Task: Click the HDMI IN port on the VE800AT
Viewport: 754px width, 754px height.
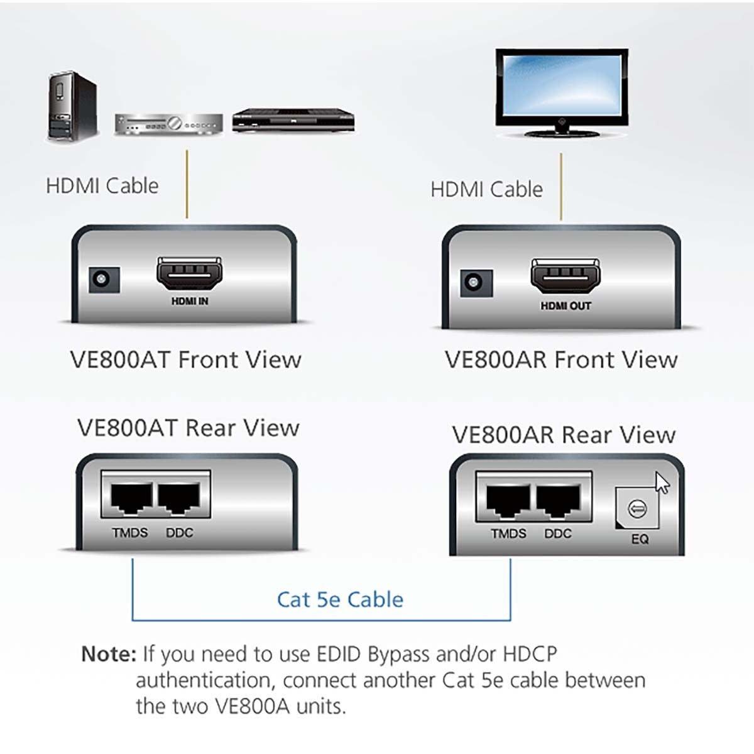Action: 188,275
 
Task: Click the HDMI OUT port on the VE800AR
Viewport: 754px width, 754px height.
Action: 565,276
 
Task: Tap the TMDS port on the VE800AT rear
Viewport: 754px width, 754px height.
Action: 131,499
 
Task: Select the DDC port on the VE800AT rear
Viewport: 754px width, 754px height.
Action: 179,499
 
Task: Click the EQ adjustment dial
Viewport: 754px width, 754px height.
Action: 637,508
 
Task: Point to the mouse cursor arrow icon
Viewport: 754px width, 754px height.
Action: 662,483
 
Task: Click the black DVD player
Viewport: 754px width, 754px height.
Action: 293,121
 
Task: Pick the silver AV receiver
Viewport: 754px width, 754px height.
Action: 168,124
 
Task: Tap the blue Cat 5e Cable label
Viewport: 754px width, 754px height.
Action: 340,599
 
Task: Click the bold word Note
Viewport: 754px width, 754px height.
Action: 108,654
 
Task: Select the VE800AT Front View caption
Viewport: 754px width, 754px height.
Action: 185,360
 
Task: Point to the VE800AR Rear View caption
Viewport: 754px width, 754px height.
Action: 564,435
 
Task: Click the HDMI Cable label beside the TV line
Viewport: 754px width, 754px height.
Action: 486,189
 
